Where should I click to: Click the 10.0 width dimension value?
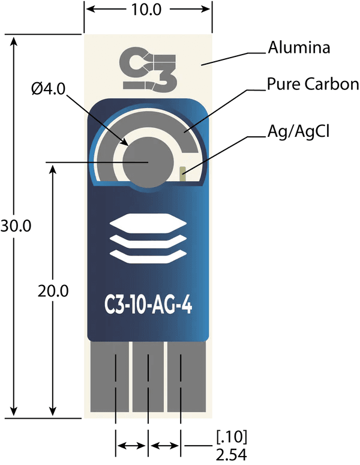pyautogui.click(x=147, y=10)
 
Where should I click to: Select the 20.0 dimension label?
pyautogui.click(x=53, y=292)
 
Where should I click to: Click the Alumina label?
pyautogui.click(x=299, y=48)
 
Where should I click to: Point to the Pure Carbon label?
pyautogui.click(x=313, y=84)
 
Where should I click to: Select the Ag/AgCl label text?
pyautogui.click(x=299, y=130)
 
